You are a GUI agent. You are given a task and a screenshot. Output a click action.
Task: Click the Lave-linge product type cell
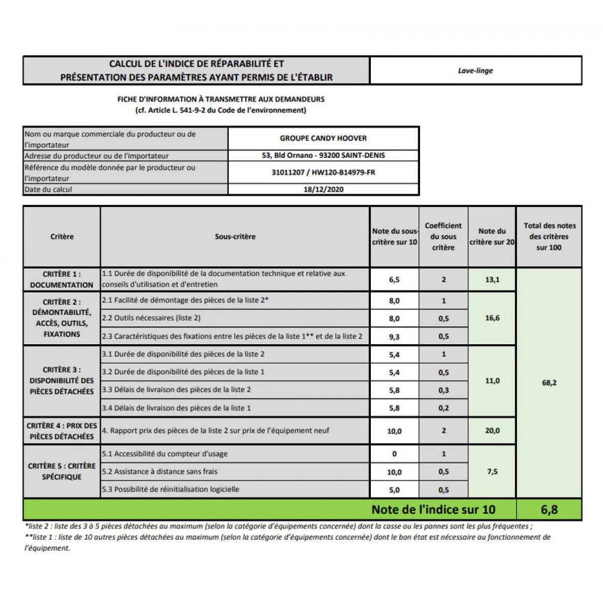point(475,71)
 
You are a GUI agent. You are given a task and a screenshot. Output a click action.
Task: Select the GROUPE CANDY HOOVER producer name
point(323,138)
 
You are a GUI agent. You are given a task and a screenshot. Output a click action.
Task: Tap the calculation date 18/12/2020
point(323,189)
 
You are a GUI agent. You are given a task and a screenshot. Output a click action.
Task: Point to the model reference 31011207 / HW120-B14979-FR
point(323,172)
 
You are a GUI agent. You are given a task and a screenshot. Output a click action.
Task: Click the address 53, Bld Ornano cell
point(323,155)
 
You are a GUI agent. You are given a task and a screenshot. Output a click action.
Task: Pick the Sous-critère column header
point(235,237)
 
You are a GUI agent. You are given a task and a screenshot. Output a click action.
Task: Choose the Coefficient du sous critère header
point(443,236)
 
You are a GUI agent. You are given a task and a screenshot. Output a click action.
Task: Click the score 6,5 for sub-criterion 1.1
point(394,279)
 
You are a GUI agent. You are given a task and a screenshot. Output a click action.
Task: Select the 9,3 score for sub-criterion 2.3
point(394,337)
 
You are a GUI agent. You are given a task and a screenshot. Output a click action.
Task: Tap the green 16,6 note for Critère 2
point(492,318)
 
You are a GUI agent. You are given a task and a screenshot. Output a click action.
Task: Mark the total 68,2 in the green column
point(549,383)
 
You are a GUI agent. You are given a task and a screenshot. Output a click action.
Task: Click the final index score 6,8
point(549,510)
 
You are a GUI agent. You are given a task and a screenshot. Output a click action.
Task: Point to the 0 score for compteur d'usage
point(394,454)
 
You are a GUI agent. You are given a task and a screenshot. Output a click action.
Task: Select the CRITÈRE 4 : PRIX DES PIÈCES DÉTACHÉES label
point(62,431)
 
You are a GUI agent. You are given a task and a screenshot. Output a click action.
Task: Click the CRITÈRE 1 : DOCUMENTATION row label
point(62,279)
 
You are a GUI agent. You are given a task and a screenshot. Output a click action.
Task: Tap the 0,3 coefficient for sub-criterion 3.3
point(443,390)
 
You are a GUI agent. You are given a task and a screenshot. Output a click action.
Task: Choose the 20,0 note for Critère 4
point(492,431)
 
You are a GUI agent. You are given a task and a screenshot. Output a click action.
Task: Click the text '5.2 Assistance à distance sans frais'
point(160,471)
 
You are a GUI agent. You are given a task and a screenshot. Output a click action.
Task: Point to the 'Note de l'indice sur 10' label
point(433,510)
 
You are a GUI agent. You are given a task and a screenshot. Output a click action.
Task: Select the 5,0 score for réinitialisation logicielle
point(394,490)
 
